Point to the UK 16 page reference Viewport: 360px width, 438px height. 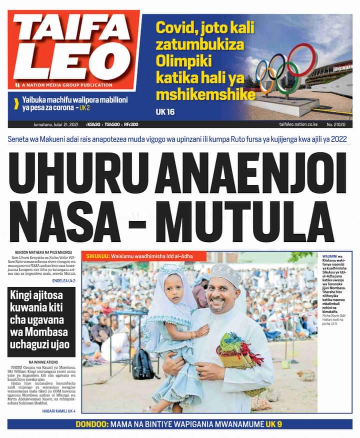[x=164, y=111]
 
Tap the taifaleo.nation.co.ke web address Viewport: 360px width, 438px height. [x=299, y=124]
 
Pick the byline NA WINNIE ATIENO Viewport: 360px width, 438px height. [x=45, y=362]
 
